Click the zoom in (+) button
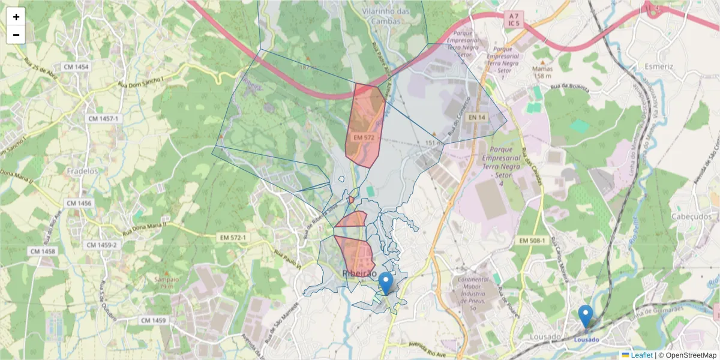pos(16,17)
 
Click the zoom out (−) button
pos(16,35)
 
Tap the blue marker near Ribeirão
pos(386,282)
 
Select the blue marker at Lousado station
pos(585,315)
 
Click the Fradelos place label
pos(83,171)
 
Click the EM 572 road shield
pos(364,137)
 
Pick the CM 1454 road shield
pos(74,67)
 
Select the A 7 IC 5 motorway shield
pos(512,18)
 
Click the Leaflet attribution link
pos(641,355)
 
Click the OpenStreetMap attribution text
pos(690,355)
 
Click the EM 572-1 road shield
pos(232,238)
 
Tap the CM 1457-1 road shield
pos(104,119)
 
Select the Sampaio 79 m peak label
pos(166,283)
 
